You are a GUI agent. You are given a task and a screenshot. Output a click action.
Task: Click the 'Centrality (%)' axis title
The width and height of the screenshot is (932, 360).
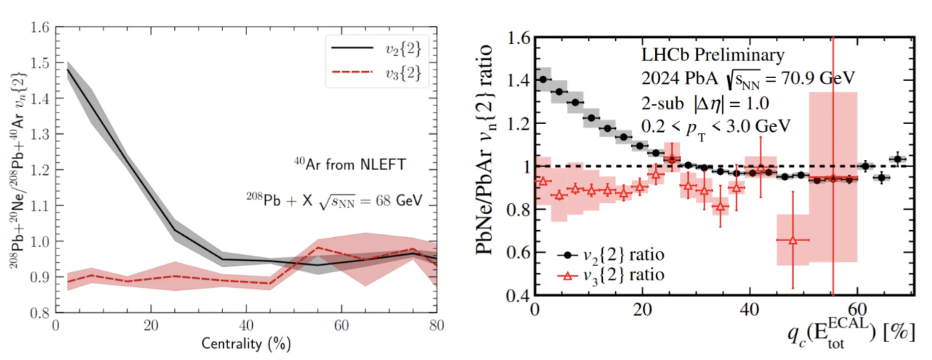[246, 344]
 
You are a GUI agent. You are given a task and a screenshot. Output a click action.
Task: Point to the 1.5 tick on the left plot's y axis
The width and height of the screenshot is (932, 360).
[40, 63]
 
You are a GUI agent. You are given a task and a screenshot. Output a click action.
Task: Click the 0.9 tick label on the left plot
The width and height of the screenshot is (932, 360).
[40, 277]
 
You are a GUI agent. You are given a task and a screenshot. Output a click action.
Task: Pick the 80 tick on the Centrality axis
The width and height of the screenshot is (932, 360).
[437, 326]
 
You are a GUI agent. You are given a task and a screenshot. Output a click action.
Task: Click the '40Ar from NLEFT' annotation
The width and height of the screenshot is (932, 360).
[350, 164]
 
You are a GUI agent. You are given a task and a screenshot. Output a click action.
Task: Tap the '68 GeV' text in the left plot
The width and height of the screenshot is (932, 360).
[399, 201]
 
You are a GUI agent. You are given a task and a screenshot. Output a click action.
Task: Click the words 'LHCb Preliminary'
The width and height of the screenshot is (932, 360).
[713, 55]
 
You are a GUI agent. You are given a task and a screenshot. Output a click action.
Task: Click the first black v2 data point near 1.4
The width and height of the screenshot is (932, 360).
[543, 79]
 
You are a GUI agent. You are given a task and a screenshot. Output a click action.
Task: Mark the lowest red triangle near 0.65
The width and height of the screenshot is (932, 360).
[793, 240]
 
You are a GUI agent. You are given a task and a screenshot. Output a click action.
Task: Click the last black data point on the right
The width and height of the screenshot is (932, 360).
[898, 159]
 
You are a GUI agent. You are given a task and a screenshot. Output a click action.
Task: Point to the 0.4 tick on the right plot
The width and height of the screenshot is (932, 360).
[518, 296]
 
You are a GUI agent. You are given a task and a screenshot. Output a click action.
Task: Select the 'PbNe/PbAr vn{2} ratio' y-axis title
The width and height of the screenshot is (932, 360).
[484, 149]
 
